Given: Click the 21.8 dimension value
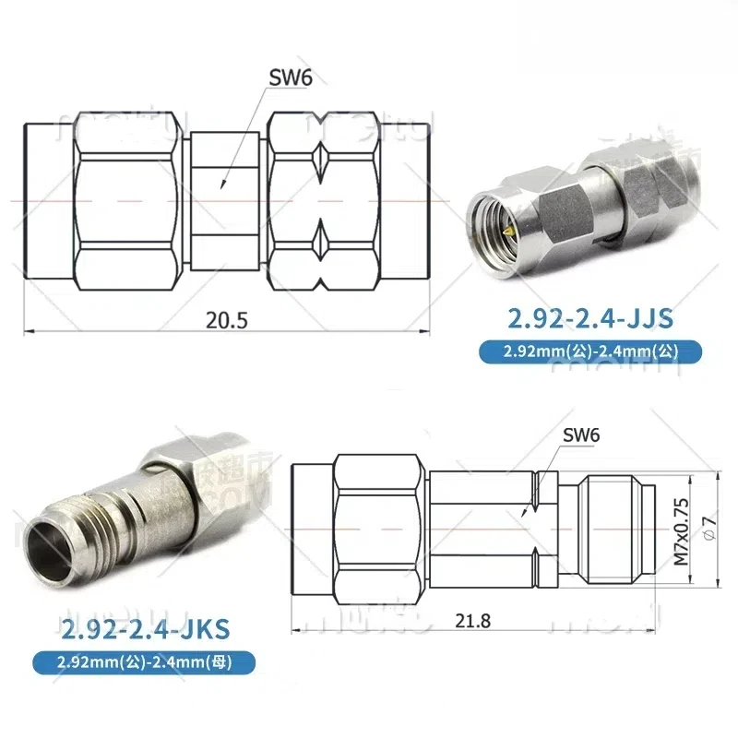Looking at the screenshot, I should click(x=472, y=621).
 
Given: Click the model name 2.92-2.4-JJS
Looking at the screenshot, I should click(x=590, y=319).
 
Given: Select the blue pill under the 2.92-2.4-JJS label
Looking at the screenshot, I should click(x=590, y=351).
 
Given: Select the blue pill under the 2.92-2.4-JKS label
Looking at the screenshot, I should click(x=139, y=661).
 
